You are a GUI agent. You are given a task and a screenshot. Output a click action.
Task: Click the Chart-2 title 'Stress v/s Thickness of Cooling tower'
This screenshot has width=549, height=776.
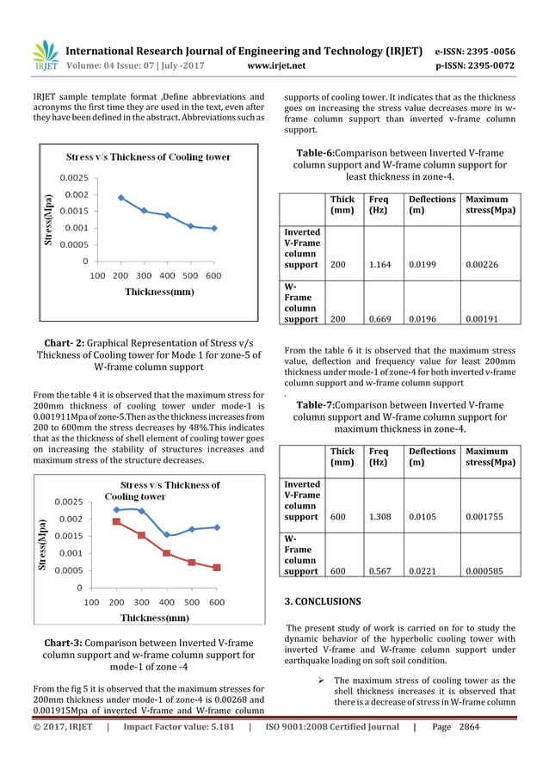(149, 157)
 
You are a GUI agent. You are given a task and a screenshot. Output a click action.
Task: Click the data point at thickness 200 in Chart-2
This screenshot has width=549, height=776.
(120, 197)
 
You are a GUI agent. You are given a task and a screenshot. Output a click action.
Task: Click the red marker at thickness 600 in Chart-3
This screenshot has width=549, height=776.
(217, 568)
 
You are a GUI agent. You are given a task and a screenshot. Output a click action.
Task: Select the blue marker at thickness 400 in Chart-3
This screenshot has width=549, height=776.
(167, 535)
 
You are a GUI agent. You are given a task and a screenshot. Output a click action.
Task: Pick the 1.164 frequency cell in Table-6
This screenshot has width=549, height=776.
(379, 265)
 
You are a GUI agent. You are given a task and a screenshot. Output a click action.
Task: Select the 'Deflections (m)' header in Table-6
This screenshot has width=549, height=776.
(432, 205)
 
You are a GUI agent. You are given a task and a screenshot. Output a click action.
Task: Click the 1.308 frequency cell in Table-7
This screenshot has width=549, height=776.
(379, 517)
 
